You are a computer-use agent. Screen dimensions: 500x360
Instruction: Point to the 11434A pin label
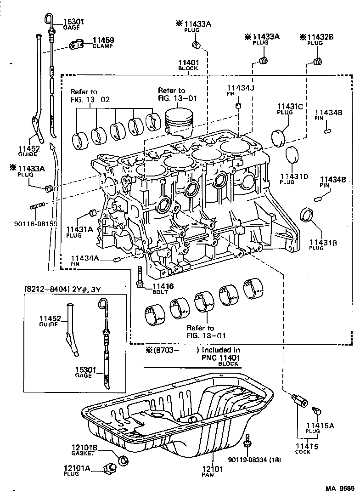pos(84,258)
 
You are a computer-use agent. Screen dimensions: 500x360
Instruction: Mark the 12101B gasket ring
pos(123,460)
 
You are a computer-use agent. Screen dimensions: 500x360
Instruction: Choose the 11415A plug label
pos(320,426)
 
